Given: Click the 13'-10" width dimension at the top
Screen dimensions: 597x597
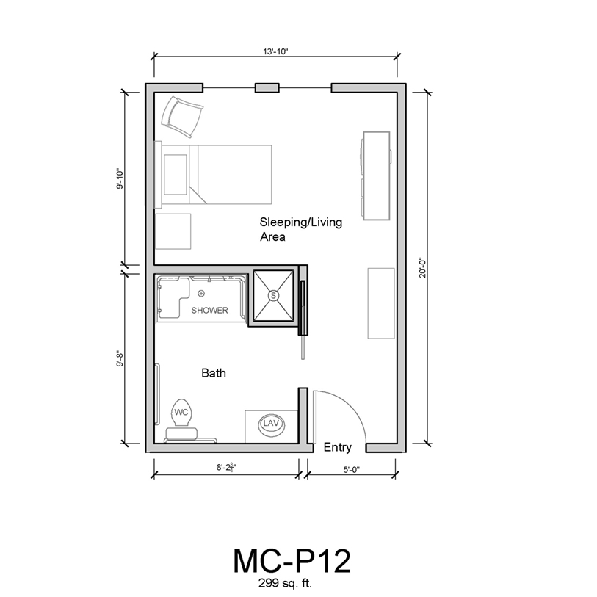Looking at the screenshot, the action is click(x=275, y=52).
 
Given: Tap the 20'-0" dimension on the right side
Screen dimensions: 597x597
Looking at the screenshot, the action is click(x=423, y=268).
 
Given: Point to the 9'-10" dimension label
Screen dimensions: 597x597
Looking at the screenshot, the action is click(x=120, y=178).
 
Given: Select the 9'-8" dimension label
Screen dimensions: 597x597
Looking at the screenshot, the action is click(x=120, y=358).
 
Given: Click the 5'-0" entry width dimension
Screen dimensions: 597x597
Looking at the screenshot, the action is click(x=352, y=470).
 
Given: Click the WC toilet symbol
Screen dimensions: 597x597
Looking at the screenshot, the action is click(x=181, y=413).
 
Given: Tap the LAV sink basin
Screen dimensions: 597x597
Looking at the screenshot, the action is click(x=271, y=424).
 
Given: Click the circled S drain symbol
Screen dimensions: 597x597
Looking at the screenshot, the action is click(x=273, y=295).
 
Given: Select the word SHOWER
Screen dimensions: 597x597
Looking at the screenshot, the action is click(x=209, y=311).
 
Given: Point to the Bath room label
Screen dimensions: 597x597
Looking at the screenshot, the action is click(x=214, y=373).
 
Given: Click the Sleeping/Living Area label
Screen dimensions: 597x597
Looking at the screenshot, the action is click(x=301, y=229).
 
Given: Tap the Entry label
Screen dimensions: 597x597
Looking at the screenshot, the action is click(x=337, y=447).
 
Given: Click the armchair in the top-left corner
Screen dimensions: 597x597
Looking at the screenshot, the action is click(x=181, y=117).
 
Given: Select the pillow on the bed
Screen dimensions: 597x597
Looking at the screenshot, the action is click(x=176, y=174).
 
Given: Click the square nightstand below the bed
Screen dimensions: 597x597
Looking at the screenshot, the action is click(x=173, y=231).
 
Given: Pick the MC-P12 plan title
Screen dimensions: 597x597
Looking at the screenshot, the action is click(x=292, y=561).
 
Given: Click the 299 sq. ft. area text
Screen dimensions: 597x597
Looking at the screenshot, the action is click(x=285, y=583).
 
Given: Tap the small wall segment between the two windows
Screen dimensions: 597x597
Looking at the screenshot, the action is click(x=267, y=88).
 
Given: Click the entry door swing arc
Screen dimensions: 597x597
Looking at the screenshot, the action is click(x=350, y=408).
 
